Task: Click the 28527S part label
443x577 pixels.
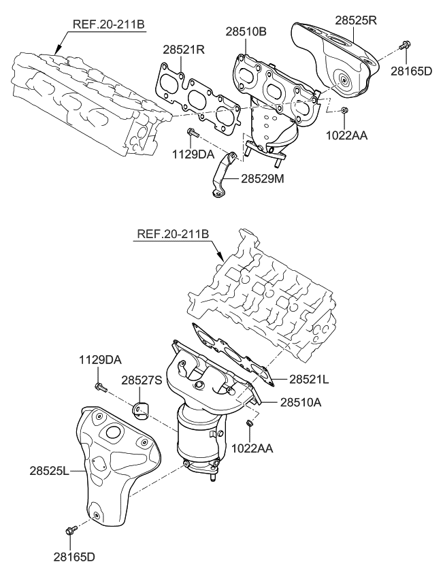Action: click(142, 380)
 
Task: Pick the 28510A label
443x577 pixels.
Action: click(301, 402)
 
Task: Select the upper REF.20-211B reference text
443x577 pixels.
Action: click(108, 24)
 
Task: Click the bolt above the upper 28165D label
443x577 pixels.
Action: click(404, 46)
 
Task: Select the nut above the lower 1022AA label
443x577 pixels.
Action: click(250, 424)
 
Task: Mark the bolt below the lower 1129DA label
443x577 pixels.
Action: click(99, 387)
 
